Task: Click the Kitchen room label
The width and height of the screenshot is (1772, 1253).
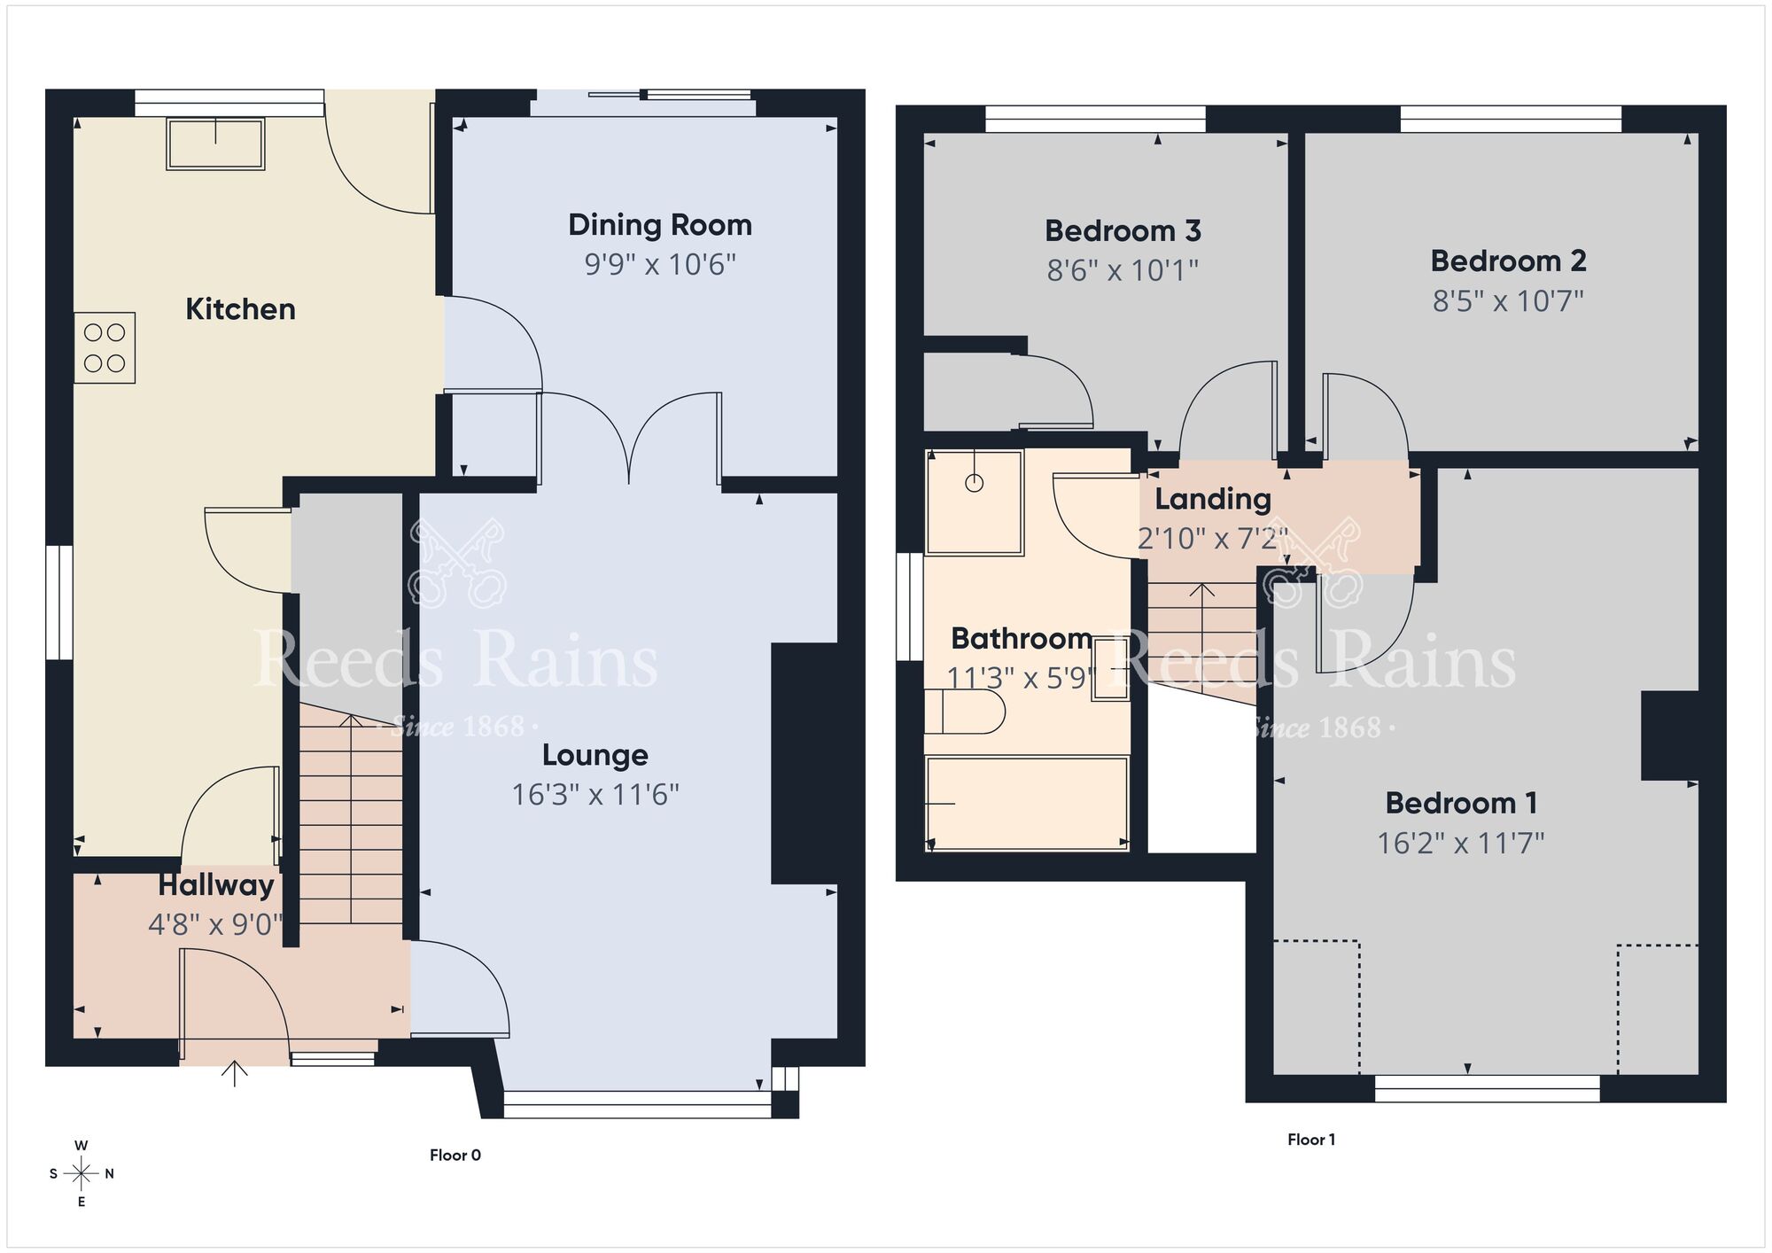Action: [x=240, y=309]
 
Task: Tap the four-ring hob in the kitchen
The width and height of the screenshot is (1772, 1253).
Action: [x=105, y=347]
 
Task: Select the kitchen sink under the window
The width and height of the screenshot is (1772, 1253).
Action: [x=215, y=144]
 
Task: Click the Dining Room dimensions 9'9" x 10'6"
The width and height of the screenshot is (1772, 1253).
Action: [x=660, y=264]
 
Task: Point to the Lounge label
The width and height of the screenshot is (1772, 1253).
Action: [x=595, y=755]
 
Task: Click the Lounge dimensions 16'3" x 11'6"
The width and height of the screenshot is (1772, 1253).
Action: [x=595, y=795]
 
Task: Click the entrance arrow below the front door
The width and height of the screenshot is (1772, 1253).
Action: [x=235, y=1073]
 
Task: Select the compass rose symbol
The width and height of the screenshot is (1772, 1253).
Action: [x=82, y=1174]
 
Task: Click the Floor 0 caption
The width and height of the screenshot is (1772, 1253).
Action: [x=455, y=1155]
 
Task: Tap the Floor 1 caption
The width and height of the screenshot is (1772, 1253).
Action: [x=1310, y=1140]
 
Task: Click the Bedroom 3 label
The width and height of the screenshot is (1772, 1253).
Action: [x=1123, y=231]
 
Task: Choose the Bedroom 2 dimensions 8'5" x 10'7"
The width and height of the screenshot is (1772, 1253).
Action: [x=1508, y=301]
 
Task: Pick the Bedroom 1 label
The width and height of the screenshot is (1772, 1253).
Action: [x=1460, y=803]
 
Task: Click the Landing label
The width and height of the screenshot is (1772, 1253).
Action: [x=1212, y=499]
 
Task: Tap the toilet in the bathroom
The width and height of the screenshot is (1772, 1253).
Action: [x=966, y=712]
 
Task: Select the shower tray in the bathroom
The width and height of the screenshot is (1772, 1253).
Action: [x=975, y=502]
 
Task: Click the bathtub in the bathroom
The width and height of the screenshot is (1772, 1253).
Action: [x=1027, y=803]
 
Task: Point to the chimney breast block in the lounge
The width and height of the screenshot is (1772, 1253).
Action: [x=804, y=763]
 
